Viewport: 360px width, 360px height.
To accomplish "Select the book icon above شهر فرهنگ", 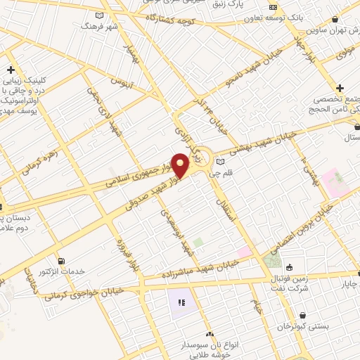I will point(99,15).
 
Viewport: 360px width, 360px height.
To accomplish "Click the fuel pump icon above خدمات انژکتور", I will point(61,261).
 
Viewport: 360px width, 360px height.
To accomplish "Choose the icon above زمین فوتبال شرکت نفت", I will point(289,267).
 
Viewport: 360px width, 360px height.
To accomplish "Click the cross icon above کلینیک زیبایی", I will point(11,70).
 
